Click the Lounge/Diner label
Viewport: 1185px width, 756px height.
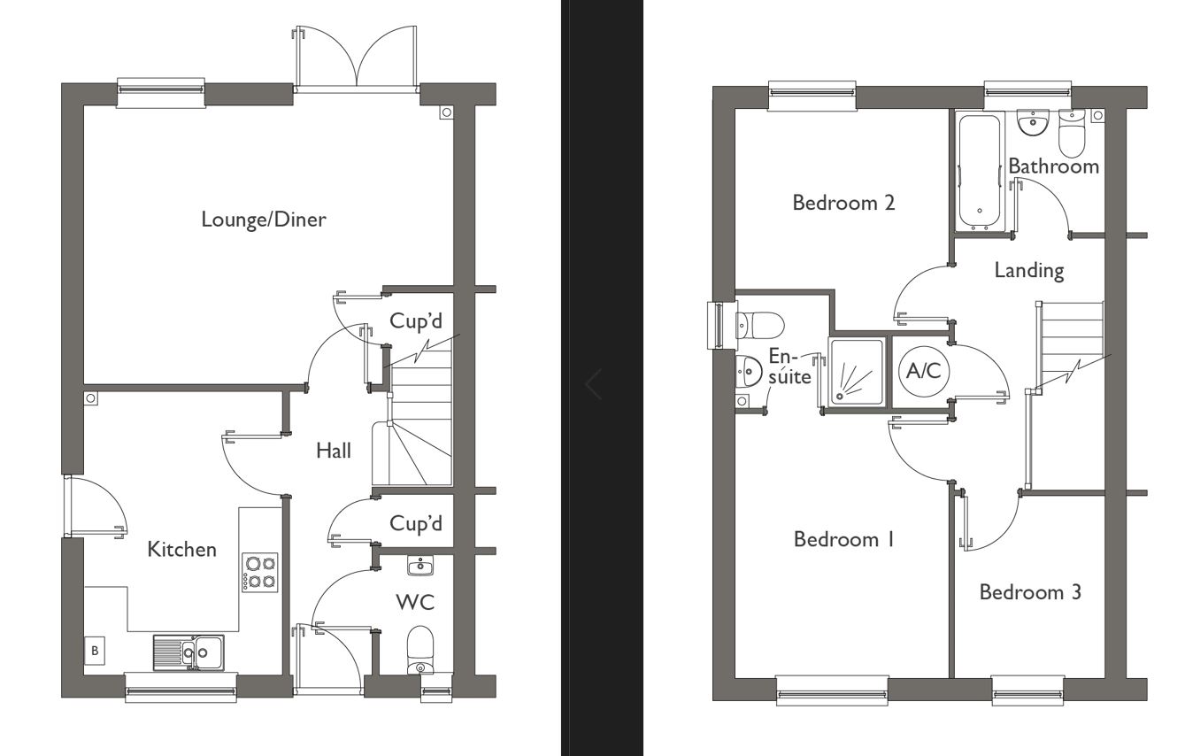click(x=263, y=220)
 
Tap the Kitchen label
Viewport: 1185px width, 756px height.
click(x=181, y=550)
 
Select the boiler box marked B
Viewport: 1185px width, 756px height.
click(x=95, y=651)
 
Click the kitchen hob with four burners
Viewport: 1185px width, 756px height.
click(x=259, y=572)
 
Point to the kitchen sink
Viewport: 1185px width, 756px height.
click(x=189, y=652)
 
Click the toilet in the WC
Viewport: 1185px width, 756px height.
click(x=420, y=651)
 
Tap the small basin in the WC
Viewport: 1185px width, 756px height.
click(x=419, y=565)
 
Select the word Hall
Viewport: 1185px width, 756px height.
click(x=334, y=451)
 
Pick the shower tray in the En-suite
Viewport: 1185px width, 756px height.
click(x=856, y=371)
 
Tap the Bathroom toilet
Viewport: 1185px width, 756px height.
click(x=1072, y=135)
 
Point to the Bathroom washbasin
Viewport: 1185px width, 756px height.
click(x=1031, y=122)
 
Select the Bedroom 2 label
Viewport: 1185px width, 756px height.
click(x=843, y=203)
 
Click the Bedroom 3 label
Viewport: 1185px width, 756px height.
click(x=1030, y=592)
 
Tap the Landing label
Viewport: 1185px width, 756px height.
click(x=1028, y=270)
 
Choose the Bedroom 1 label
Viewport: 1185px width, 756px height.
click(x=843, y=539)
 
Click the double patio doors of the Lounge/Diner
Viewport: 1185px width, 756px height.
click(x=356, y=60)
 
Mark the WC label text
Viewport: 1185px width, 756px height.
click(x=415, y=603)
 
